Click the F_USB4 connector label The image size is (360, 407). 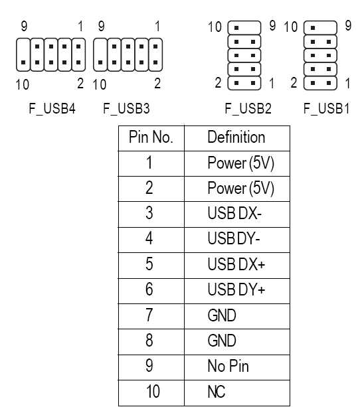tap(52, 108)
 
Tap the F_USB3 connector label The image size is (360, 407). tap(126, 108)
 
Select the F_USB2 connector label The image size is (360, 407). tap(248, 108)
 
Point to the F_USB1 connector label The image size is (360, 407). tap(327, 108)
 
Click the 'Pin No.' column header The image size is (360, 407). tap(151, 137)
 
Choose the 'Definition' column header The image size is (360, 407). tap(236, 137)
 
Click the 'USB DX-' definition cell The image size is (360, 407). tap(234, 213)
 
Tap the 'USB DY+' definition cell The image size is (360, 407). tap(236, 289)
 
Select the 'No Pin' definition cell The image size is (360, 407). tap(228, 366)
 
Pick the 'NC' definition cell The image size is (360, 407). tap(217, 392)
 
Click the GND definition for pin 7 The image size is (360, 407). tap(222, 315)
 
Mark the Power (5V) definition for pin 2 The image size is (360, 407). tap(241, 188)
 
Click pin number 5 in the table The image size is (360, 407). tap(149, 264)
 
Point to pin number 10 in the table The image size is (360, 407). tap(153, 392)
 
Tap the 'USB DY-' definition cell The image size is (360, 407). tap(234, 238)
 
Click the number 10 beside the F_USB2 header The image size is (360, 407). tap(215, 27)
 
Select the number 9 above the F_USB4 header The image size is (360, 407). tap(24, 26)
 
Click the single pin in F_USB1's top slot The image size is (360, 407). tap(313, 28)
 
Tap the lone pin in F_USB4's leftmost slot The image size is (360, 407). tap(23, 62)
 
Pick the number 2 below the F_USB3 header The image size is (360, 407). tap(157, 84)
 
